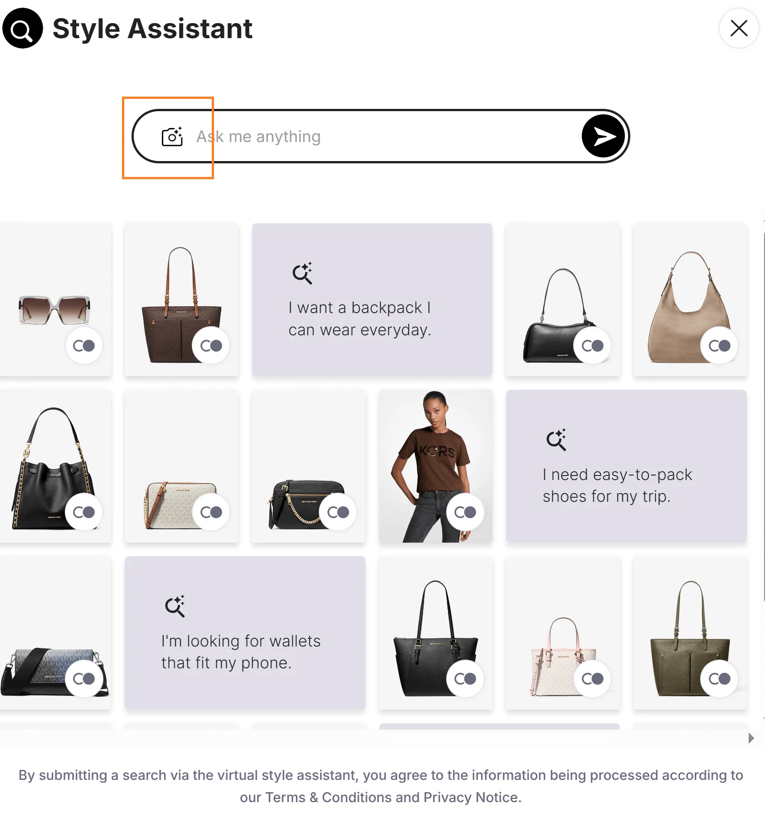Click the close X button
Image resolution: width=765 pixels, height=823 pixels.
coord(739,28)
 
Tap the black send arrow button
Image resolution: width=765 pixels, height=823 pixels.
coord(603,136)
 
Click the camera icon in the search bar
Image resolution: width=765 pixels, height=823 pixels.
coord(172,136)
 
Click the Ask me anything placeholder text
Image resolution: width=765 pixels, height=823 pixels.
coord(258,137)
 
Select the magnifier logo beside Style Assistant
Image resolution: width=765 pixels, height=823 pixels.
coord(23,28)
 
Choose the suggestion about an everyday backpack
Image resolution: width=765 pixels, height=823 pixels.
coord(360,318)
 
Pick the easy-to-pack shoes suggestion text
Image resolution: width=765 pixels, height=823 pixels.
coord(617,485)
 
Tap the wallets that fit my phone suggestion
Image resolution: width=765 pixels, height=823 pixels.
coord(241,652)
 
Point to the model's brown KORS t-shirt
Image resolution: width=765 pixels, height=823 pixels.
coord(435,458)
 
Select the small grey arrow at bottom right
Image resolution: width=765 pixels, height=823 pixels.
coord(751,738)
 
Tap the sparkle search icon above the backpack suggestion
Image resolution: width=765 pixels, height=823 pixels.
coord(302,273)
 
